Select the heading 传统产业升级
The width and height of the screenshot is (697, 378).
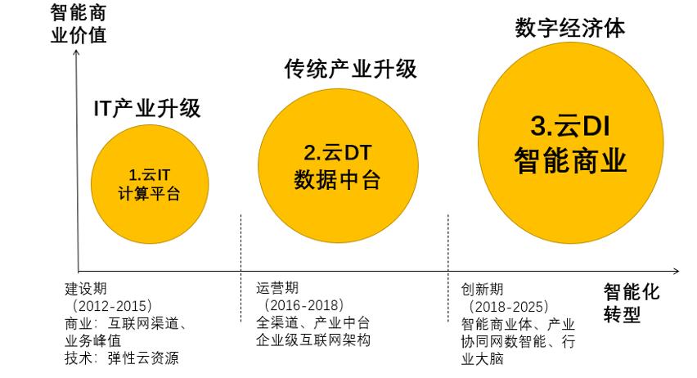351,69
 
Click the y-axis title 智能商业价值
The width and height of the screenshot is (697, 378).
79,24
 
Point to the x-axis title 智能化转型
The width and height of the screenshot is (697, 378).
632,304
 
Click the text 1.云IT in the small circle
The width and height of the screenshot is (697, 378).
150,174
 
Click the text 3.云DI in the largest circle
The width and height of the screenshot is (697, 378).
570,127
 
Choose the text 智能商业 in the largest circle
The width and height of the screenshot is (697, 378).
570,160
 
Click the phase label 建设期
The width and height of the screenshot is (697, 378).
86,290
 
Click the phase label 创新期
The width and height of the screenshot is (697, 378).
483,290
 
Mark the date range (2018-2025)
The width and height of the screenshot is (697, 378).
506,307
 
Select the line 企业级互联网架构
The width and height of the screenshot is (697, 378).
314,340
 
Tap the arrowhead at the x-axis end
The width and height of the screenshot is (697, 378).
676,270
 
